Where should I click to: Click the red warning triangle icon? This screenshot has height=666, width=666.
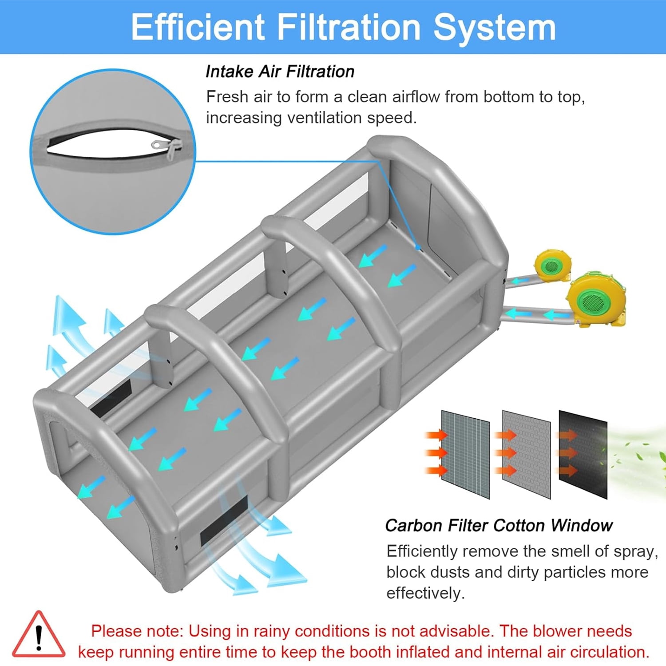[x=39, y=635]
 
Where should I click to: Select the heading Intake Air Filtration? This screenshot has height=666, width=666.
[x=280, y=71]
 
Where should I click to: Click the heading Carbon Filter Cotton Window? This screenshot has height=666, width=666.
[x=499, y=525]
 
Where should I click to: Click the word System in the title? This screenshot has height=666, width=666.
[x=494, y=28]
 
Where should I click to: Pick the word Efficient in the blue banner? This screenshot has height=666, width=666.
[x=198, y=28]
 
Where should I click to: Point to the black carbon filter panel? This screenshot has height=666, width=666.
[x=583, y=454]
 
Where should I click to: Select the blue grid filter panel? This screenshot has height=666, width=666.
[x=465, y=454]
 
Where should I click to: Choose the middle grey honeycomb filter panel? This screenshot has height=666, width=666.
[x=526, y=454]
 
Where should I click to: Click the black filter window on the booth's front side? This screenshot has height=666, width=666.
[x=224, y=521]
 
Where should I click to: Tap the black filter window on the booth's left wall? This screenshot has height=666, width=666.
[x=111, y=398]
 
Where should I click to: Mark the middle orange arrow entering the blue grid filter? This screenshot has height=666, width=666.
[x=436, y=453]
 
